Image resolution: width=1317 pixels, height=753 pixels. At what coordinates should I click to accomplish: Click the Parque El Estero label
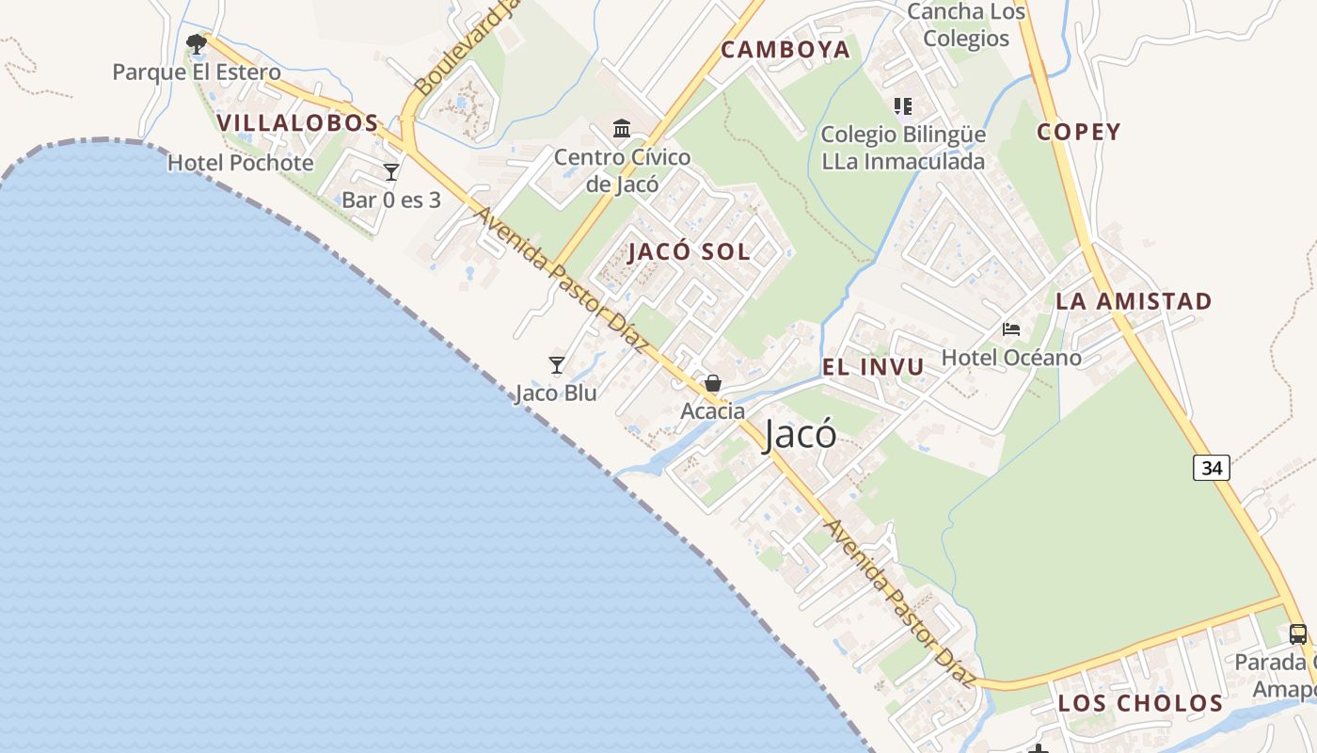coord(197,72)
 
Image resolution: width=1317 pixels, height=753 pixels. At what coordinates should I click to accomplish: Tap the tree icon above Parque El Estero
coord(197,43)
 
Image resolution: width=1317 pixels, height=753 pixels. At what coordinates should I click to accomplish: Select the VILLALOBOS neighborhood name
coord(297,122)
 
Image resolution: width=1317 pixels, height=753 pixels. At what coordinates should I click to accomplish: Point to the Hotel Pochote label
coord(241,163)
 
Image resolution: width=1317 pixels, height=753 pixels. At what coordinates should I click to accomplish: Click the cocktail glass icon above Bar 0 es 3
coord(391,172)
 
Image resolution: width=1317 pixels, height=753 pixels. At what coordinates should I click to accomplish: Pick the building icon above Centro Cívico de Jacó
coord(622,128)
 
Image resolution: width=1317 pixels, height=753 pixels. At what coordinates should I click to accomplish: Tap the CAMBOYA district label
coord(785,50)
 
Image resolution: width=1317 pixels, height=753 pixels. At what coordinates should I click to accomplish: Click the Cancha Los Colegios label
coord(966,25)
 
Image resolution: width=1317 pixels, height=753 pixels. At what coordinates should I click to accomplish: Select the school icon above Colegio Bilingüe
coord(903,106)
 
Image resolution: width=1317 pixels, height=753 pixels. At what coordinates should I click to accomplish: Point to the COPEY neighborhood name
coord(1079,132)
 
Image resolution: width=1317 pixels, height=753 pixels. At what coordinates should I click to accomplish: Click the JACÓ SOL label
coord(690,251)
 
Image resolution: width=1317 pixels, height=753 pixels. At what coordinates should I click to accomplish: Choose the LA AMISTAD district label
coord(1134,301)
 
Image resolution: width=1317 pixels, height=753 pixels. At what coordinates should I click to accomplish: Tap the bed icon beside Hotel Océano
coord(1011,329)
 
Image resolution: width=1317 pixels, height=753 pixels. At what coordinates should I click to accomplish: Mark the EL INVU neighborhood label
coord(874,367)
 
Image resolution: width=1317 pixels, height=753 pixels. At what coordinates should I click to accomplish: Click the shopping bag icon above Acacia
coord(713,383)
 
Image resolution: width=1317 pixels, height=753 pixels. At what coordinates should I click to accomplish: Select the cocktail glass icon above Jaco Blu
coord(557,364)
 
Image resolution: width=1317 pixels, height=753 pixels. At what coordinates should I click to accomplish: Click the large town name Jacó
coord(801,435)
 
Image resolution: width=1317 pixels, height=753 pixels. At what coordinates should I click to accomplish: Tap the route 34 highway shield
coord(1212,467)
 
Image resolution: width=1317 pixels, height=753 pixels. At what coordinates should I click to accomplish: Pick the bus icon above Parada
coord(1298,633)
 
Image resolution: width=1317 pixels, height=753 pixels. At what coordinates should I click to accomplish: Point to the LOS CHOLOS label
coord(1140,703)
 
